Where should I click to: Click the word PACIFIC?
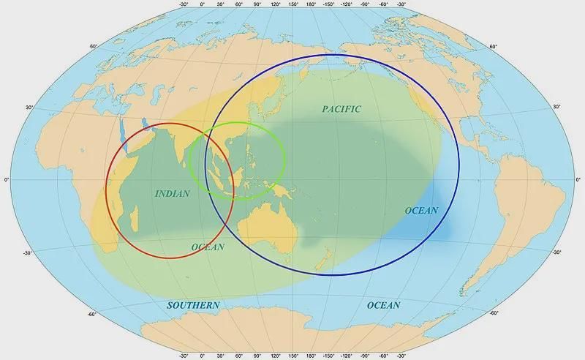pos(341,109)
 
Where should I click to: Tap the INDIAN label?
pos(173,194)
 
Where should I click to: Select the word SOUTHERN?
pos(193,304)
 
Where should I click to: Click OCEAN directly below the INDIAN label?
pos(208,247)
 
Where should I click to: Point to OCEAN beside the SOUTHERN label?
pos(383,305)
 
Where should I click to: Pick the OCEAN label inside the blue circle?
pos(421,211)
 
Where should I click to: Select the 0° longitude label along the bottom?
pos(203,356)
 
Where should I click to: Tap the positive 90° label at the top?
pos(257,4)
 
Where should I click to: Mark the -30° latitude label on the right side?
pos(556,252)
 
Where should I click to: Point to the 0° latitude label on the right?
pos(578,179)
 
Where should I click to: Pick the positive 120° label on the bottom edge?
pos(276,356)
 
